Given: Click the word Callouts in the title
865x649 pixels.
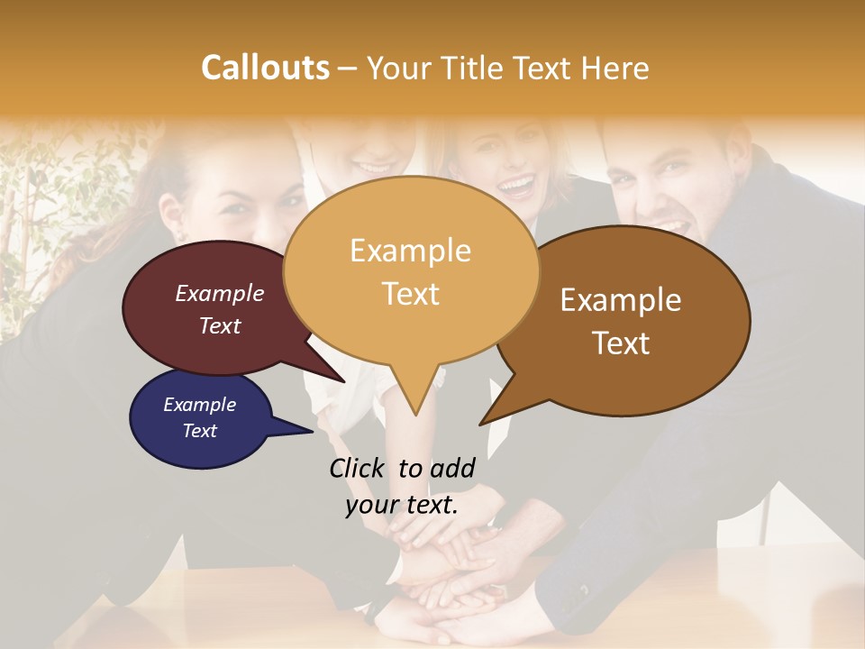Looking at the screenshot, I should click(x=265, y=68).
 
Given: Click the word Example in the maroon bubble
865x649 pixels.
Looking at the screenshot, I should click(x=220, y=293).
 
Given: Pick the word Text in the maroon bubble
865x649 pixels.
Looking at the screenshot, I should click(x=220, y=325).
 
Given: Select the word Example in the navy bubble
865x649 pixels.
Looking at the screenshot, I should click(x=200, y=405).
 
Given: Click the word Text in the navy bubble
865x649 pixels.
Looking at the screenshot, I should click(x=200, y=431).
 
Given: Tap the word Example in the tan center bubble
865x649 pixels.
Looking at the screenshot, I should click(x=410, y=251).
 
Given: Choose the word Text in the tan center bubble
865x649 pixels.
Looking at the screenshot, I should click(x=411, y=294).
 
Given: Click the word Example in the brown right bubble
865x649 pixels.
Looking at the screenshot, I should click(x=621, y=300).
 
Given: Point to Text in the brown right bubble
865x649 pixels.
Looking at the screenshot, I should click(x=622, y=343).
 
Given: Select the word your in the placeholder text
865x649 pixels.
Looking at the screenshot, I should click(x=370, y=505).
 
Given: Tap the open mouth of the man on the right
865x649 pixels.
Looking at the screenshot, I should click(x=669, y=227).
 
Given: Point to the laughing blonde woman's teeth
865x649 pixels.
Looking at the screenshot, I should click(x=516, y=187).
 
